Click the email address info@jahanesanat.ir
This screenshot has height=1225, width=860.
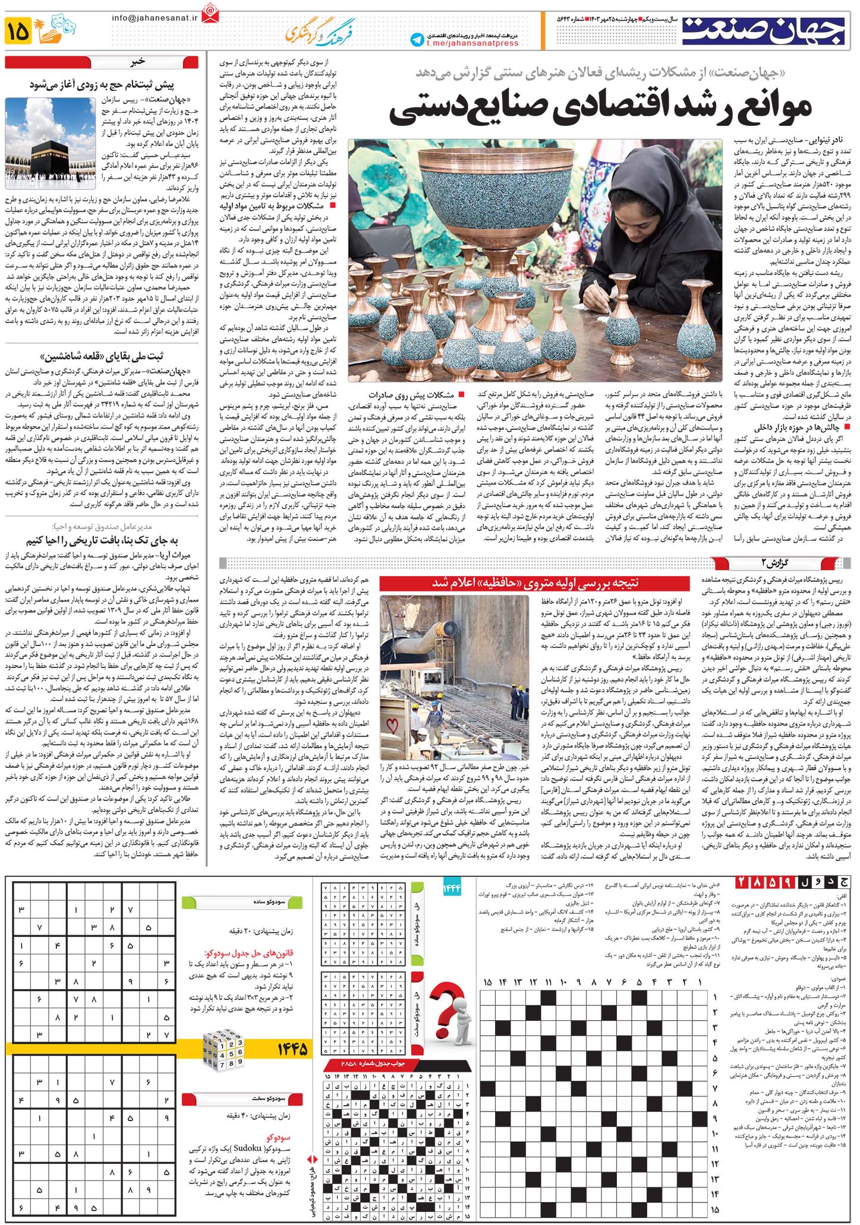155,18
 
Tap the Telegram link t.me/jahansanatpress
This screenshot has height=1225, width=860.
472,43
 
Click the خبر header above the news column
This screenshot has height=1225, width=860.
138,61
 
